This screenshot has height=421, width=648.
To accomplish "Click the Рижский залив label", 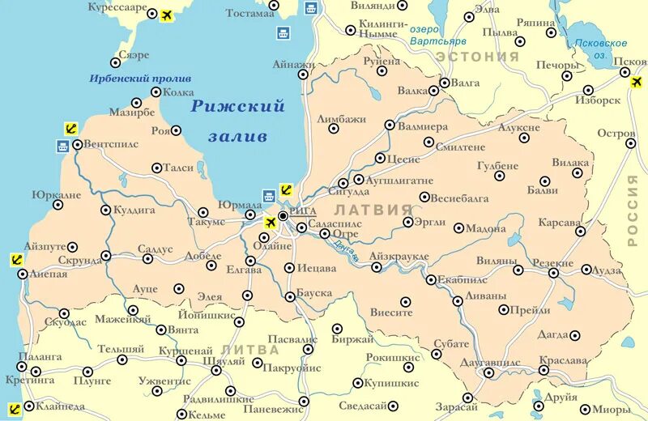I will (x=237, y=121).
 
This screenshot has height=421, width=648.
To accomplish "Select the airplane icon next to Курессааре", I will (x=168, y=15).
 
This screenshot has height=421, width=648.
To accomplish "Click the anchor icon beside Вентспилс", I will (x=70, y=128).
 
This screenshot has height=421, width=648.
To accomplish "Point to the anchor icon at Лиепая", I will (x=15, y=260).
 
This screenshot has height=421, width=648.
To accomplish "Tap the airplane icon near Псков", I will (x=625, y=73).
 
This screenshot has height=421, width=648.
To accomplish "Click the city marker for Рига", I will (x=283, y=216).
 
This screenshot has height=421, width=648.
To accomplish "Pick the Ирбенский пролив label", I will (x=140, y=79).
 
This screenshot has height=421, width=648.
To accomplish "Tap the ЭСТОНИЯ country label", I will (x=477, y=57).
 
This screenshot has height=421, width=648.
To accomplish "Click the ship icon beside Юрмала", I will (x=269, y=195).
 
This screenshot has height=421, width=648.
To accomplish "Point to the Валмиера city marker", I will (x=390, y=125).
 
